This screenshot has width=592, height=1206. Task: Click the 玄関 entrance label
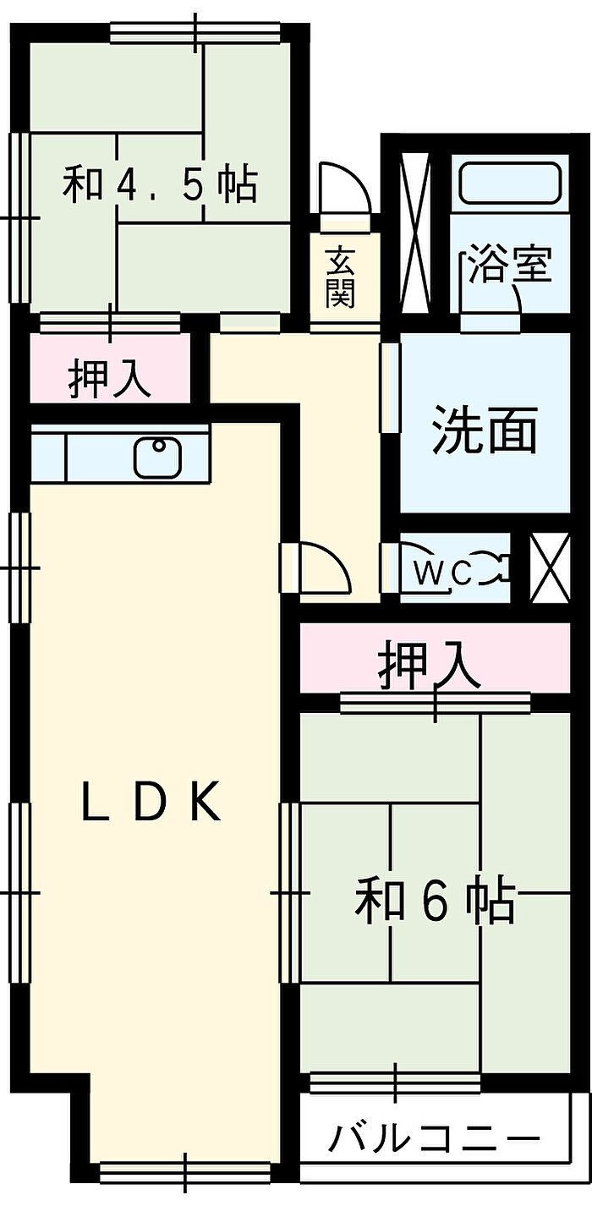pos(340,277)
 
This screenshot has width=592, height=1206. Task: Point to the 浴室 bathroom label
pos(510,264)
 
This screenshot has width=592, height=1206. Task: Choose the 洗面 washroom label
pos(485,429)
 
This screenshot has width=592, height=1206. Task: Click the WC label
pos(443,574)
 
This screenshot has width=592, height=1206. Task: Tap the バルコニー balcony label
pos(434,1137)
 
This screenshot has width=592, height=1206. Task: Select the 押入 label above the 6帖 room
pos(429,669)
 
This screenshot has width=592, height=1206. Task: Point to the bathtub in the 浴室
pos(510,183)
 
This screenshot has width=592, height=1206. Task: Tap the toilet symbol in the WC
pos(492,571)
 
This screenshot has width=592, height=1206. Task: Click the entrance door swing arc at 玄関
pos(344,189)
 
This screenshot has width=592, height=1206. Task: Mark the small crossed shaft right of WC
pos(550,567)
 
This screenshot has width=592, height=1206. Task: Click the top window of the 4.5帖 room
pos(195,32)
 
